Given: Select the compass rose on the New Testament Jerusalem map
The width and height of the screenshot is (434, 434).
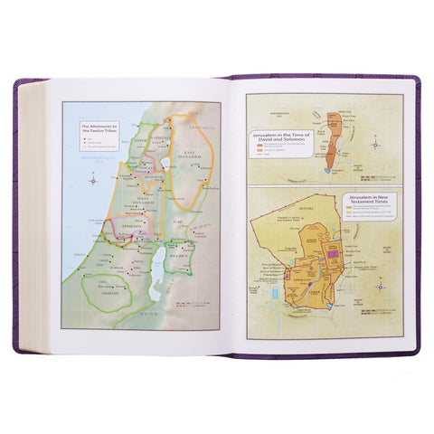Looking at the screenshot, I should [x=379, y=288].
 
